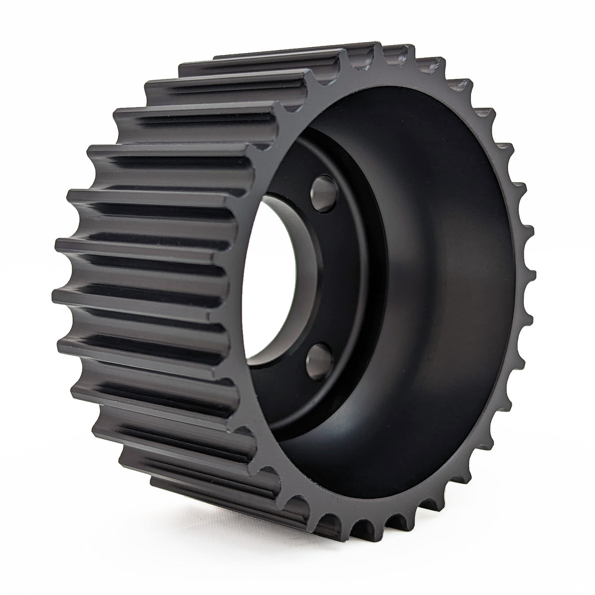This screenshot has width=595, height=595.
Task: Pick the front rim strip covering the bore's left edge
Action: click(248, 278)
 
